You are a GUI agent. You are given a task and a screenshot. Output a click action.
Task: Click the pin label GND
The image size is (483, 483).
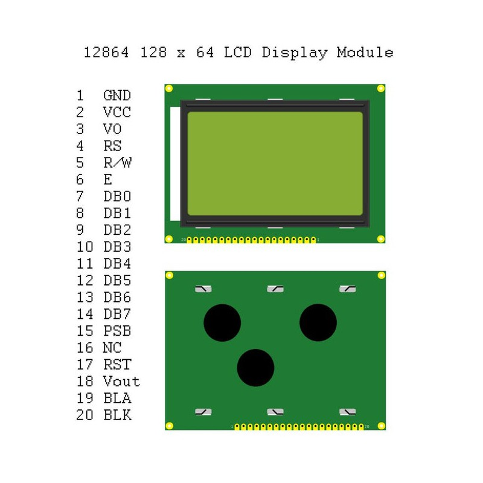pos(117,95)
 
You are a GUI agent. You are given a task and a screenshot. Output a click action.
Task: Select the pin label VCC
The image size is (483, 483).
pos(117,112)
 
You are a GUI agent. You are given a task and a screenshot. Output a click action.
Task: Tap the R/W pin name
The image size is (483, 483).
pos(117,163)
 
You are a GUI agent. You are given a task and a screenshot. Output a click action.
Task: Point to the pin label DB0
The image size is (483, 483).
pos(117,197)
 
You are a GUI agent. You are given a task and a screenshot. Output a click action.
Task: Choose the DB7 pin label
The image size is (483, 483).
pos(117,314)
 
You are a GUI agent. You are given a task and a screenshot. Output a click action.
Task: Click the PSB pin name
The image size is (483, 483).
pos(117,331)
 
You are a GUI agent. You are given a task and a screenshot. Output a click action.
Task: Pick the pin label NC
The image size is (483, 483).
pos(112,348)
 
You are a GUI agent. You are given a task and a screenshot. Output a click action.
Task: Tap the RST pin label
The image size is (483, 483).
pos(117,365)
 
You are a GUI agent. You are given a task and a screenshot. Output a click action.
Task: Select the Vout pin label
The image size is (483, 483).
pos(121,382)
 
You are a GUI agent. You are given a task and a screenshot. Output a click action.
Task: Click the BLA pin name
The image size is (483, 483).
pos(117,398)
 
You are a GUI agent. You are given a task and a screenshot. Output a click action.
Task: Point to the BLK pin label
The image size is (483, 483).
pos(117,415)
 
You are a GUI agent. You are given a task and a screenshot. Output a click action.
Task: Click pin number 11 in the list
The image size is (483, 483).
pos(85,264)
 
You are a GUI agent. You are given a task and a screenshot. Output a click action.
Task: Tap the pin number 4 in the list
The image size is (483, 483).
pos(80,146)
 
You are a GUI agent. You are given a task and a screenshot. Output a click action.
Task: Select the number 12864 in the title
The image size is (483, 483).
pos(106,53)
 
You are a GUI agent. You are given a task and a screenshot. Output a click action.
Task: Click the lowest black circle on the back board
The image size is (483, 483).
pos(255,368)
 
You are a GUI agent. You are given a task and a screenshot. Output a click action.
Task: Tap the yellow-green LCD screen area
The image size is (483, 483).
pos(275,164)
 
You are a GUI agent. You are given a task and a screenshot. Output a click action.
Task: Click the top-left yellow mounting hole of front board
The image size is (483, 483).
pos(169,89)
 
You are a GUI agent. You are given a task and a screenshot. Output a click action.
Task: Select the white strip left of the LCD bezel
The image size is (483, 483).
pos(175,164)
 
